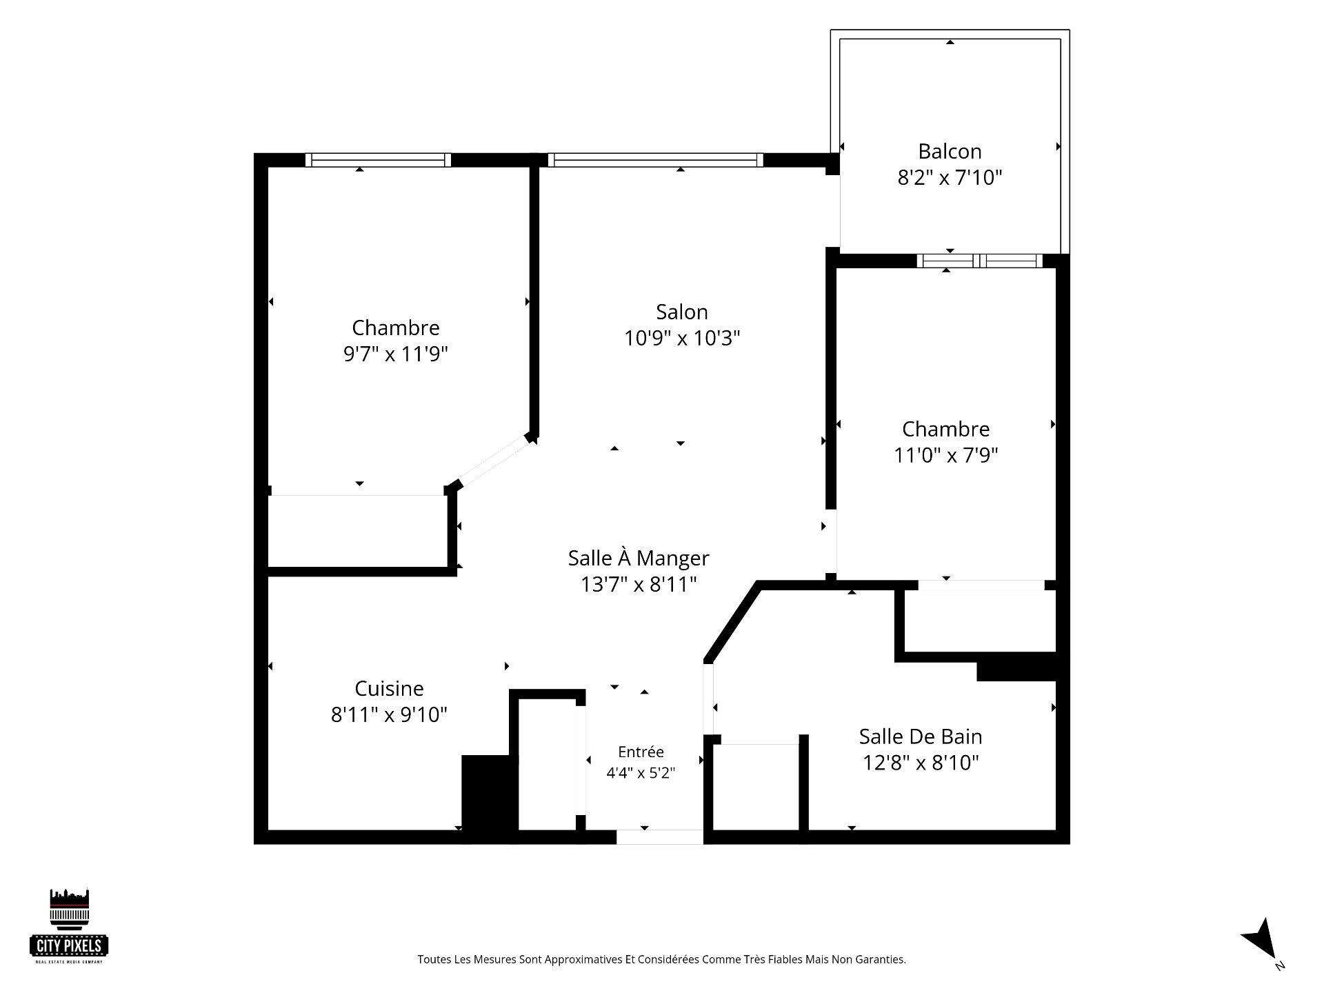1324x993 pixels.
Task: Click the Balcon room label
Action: [950, 151]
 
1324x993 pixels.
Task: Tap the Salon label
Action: [682, 312]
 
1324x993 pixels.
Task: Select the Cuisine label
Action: [389, 688]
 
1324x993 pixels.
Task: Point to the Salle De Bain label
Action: [921, 736]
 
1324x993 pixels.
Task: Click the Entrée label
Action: [641, 752]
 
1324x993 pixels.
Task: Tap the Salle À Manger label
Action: [639, 558]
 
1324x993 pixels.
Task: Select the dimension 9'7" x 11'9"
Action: [396, 354]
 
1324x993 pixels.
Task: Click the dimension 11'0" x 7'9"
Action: [946, 455]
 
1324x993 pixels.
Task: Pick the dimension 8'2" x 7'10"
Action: [950, 178]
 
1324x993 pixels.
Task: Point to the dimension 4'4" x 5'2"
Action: [641, 773]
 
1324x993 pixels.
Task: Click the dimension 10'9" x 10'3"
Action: [682, 339]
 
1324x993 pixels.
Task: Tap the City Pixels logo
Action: [70, 925]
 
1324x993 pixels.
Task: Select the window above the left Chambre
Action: [378, 160]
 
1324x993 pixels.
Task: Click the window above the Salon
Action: [655, 160]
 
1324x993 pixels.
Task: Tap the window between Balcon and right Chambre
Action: [979, 261]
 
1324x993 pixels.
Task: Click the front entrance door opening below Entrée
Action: [660, 836]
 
